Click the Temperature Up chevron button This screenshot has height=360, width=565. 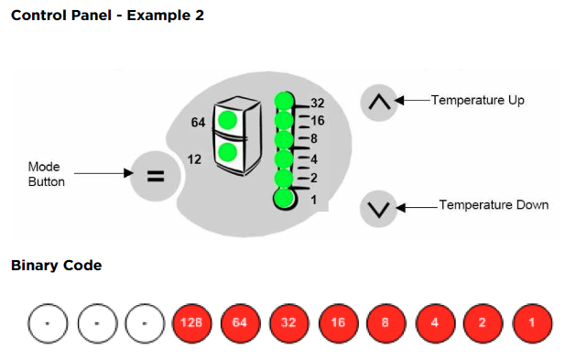[x=379, y=103]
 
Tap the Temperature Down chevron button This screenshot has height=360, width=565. [x=378, y=209]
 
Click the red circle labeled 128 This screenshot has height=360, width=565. [x=191, y=322]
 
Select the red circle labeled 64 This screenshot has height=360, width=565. [x=240, y=322]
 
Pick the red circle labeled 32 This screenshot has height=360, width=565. [x=289, y=322]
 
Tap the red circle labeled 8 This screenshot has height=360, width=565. [x=386, y=322]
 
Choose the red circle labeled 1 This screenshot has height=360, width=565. [x=532, y=322]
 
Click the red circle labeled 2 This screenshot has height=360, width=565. [x=483, y=322]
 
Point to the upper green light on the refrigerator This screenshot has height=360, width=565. [x=227, y=120]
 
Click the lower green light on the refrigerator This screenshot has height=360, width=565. [x=227, y=152]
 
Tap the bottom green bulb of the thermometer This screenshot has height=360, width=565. [x=284, y=198]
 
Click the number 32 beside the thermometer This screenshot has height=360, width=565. [x=317, y=104]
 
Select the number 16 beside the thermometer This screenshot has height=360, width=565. [x=318, y=121]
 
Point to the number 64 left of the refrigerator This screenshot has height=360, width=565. [x=198, y=123]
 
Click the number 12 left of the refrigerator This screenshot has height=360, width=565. [x=194, y=159]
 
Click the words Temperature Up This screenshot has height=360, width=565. [x=478, y=100]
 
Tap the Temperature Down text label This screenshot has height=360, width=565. [x=494, y=204]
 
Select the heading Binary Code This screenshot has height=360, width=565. [x=57, y=266]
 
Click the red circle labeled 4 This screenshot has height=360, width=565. [x=435, y=322]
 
